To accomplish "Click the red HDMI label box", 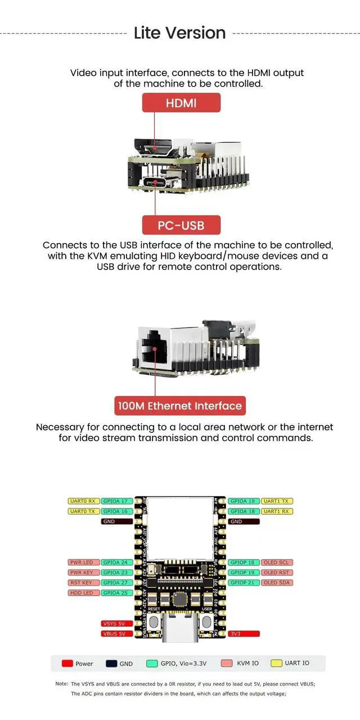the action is (x=181, y=103).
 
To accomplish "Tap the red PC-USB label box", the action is (x=181, y=226).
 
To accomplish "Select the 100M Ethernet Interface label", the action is (x=180, y=406).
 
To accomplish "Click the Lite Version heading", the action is (x=180, y=33).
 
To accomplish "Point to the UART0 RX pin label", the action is (x=83, y=501).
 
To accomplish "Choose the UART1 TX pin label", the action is (x=277, y=501).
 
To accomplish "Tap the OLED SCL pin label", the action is (x=277, y=562).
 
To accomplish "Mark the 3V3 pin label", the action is (x=244, y=634).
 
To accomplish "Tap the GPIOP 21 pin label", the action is (x=244, y=583).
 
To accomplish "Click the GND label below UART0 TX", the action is (x=117, y=521).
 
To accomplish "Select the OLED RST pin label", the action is (x=277, y=573).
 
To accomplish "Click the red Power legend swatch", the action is (x=67, y=664).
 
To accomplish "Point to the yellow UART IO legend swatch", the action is (x=276, y=664).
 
